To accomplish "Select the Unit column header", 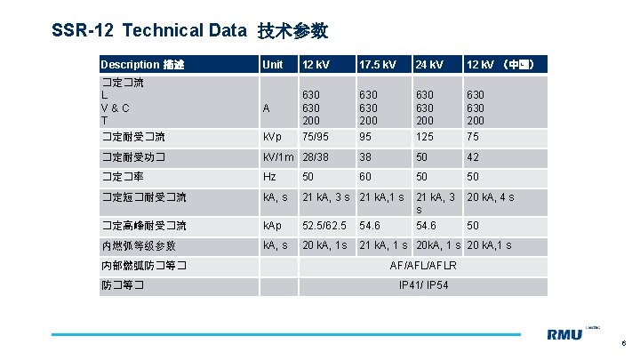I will (x=271, y=65).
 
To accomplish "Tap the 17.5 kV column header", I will (x=378, y=65).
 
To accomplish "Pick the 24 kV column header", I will (x=430, y=65).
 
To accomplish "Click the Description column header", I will (x=142, y=65).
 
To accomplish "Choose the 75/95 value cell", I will (x=316, y=138).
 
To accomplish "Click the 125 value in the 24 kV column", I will (x=426, y=138).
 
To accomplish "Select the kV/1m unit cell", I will (x=278, y=157).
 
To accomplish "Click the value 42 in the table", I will (x=474, y=157).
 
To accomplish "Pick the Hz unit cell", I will (x=268, y=177).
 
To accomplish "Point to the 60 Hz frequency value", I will (x=364, y=177).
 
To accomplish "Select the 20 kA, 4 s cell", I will (x=491, y=197).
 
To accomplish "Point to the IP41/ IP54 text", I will (x=424, y=285).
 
